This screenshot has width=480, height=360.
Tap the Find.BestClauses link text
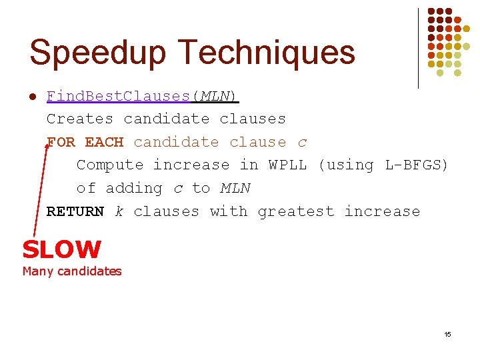119,96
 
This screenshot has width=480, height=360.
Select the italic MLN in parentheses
215,96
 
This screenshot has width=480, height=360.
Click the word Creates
80,119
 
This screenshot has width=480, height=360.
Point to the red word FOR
61,142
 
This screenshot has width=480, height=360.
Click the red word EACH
104,142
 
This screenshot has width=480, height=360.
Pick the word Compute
110,165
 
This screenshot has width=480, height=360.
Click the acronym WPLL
287,165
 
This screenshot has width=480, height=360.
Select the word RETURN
75,211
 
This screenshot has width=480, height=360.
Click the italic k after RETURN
119,211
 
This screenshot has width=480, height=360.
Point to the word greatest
295,211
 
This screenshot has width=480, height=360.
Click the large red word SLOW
61,250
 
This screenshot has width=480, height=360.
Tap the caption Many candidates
72,271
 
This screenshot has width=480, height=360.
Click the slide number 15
447,334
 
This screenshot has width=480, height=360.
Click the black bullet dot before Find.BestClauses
32,97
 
